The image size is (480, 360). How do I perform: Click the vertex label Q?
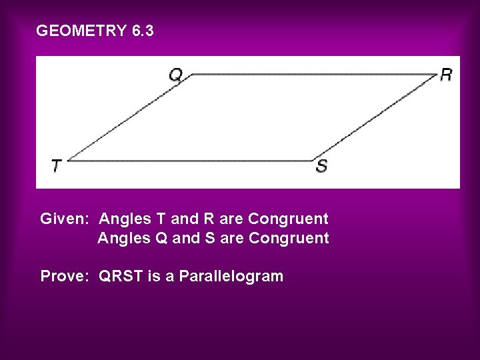(x=175, y=75)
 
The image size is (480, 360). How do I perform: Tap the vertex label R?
(x=446, y=74)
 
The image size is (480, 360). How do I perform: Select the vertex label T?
(x=57, y=165)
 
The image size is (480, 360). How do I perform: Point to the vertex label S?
(x=321, y=166)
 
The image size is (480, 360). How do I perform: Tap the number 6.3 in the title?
(x=143, y=31)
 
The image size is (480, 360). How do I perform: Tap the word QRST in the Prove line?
(x=121, y=276)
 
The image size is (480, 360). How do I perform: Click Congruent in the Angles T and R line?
(x=287, y=219)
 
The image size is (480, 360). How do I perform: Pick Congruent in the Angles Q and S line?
(x=289, y=238)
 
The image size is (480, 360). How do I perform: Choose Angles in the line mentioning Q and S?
(x=121, y=238)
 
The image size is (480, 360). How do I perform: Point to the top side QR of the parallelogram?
(x=313, y=75)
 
